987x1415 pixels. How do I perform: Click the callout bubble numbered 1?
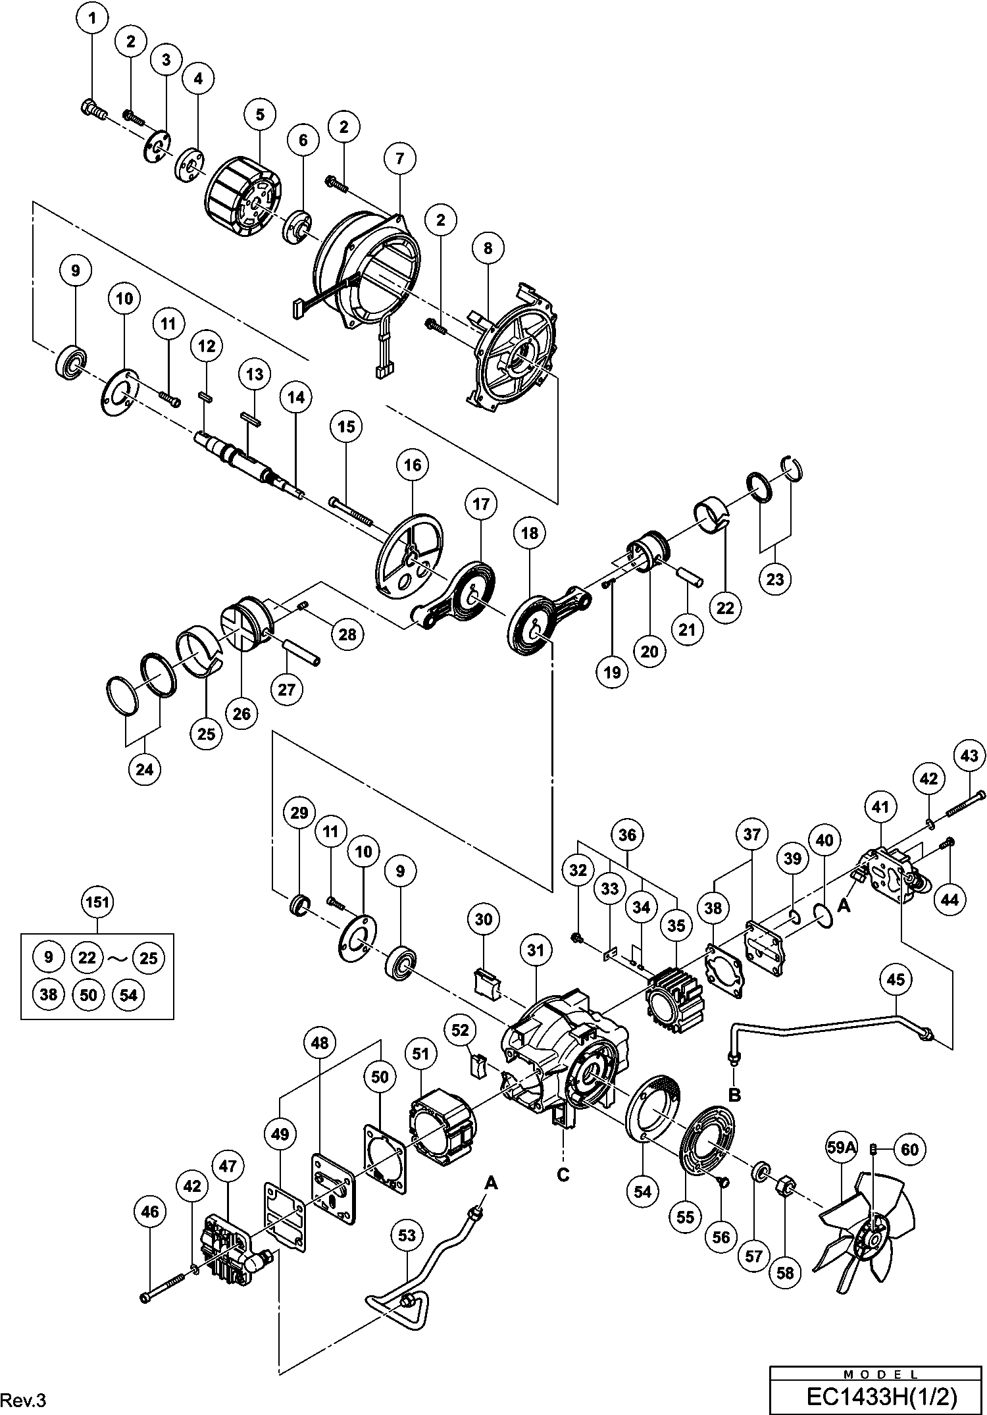point(93,19)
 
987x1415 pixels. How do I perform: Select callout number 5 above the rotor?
point(260,115)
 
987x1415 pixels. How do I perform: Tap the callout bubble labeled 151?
point(97,902)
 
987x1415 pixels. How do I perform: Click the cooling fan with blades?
point(865,1235)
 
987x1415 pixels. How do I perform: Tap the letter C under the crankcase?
point(563,1173)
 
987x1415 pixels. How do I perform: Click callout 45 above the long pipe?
point(896,979)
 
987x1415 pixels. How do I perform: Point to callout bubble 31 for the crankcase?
point(536,950)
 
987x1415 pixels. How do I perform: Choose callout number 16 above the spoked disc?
point(413,465)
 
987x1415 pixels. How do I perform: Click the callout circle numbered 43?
point(969,756)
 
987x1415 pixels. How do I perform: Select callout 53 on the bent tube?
point(407,1235)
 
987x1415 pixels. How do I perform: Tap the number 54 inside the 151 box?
point(129,994)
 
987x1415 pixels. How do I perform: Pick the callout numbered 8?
point(488,248)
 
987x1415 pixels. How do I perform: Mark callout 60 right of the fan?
point(909,1149)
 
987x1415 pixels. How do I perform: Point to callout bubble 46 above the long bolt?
point(150,1212)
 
